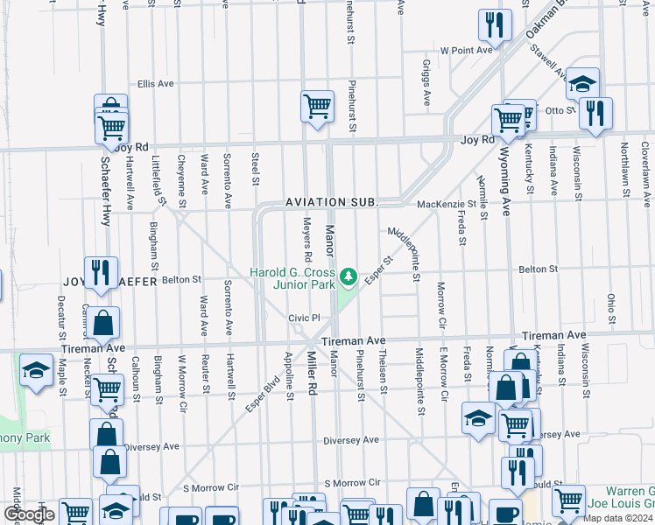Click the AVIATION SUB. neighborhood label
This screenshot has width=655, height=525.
pyautogui.click(x=332, y=202)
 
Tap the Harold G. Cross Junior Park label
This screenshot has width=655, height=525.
pyautogui.click(x=292, y=278)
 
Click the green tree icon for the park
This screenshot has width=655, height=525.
pyautogui.click(x=349, y=276)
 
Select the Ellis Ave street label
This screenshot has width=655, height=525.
pyautogui.click(x=156, y=84)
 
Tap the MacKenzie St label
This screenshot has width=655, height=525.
pyautogui.click(x=446, y=204)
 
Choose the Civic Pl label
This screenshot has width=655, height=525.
pyautogui.click(x=306, y=318)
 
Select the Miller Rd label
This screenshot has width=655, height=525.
pyautogui.click(x=311, y=374)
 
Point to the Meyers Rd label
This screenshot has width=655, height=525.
pyautogui.click(x=307, y=240)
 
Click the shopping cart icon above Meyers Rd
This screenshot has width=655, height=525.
pyautogui.click(x=317, y=108)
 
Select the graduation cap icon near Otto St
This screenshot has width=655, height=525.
pyautogui.click(x=582, y=84)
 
